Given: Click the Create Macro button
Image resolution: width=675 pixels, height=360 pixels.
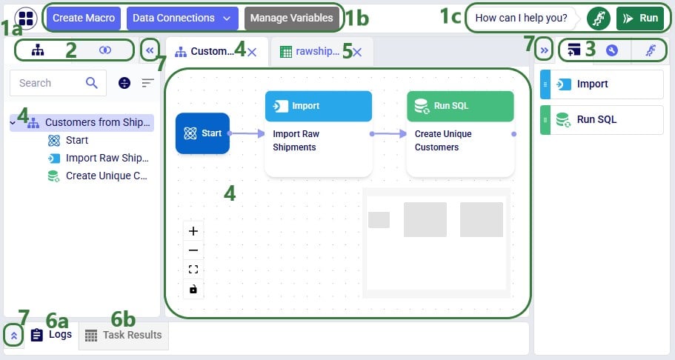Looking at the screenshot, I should pyautogui.click(x=84, y=18).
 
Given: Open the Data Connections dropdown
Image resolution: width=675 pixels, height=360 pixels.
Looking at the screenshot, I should pyautogui.click(x=182, y=18).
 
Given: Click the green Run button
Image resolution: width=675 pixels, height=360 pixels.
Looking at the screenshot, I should pyautogui.click(x=639, y=18).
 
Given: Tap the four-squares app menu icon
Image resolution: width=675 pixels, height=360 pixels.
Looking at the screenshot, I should pyautogui.click(x=25, y=18).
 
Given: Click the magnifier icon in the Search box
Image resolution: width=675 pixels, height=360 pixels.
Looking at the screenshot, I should pyautogui.click(x=92, y=83).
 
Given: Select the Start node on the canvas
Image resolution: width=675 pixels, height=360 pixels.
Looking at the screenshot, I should pyautogui.click(x=202, y=133).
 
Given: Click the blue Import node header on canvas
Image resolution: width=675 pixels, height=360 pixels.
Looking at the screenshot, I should pyautogui.click(x=318, y=106).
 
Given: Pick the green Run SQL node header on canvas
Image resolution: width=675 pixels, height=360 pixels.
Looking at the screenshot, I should pyautogui.click(x=459, y=106).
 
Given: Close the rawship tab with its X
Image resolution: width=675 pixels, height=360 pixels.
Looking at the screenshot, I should pyautogui.click(x=357, y=52).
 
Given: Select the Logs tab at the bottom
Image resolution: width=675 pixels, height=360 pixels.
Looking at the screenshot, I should pyautogui.click(x=52, y=335).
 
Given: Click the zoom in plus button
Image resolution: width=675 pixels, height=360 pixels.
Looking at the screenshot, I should pyautogui.click(x=193, y=231).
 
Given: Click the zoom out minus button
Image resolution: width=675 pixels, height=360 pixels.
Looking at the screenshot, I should pyautogui.click(x=193, y=250).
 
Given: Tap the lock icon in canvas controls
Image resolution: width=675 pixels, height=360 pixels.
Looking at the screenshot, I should pyautogui.click(x=193, y=289).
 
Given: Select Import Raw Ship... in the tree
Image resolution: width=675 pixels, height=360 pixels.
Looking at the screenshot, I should pyautogui.click(x=106, y=158).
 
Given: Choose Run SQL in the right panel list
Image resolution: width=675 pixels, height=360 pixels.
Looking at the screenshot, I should pyautogui.click(x=602, y=119).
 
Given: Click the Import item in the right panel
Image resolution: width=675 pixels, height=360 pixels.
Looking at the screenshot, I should pyautogui.click(x=602, y=84).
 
